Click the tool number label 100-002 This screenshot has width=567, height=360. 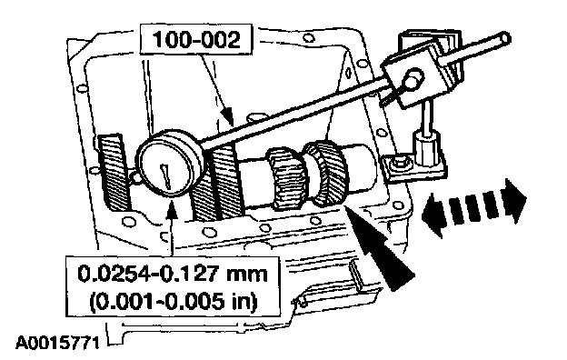(196, 39)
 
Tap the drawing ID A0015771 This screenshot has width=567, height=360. (57, 343)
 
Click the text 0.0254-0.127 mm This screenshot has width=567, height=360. (173, 274)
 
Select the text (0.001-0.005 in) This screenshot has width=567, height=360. (173, 301)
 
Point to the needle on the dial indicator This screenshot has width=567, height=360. (166, 176)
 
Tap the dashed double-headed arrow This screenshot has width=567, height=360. (473, 208)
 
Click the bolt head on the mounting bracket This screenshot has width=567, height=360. (401, 163)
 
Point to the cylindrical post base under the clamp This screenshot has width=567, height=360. (426, 148)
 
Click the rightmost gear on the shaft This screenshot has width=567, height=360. (327, 173)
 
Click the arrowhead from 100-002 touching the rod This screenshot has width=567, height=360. (227, 116)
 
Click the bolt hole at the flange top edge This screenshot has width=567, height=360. (308, 37)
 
